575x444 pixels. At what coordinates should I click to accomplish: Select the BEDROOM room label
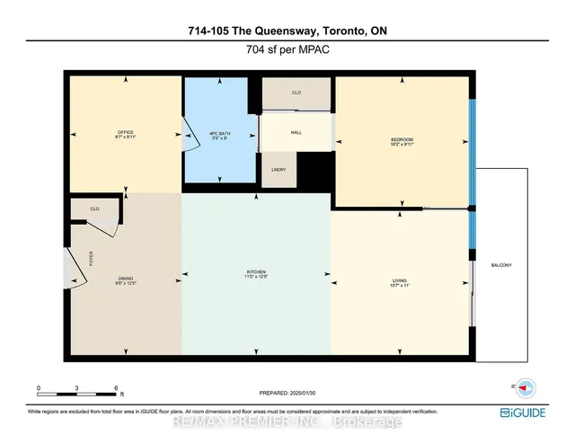pyautogui.click(x=402, y=139)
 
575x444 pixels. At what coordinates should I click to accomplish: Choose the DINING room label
pyautogui.click(x=125, y=280)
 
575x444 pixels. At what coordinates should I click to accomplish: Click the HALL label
pyautogui.click(x=296, y=132)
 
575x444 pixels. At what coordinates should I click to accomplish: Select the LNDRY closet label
pyautogui.click(x=278, y=169)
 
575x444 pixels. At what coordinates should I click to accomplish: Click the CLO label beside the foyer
pyautogui.click(x=94, y=209)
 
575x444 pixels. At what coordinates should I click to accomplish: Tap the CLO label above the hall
pyautogui.click(x=296, y=92)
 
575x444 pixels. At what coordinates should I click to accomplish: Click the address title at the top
pyautogui.click(x=287, y=31)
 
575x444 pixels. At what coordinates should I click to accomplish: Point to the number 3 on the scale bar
pyautogui.click(x=77, y=387)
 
